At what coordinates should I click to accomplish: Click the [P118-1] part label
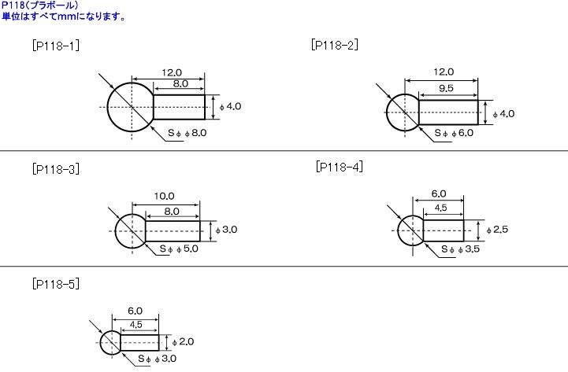tap(56, 46)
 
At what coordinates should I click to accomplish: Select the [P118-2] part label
tap(335, 45)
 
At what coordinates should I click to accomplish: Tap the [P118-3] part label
tap(56, 169)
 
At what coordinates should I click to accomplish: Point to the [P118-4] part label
tap(340, 167)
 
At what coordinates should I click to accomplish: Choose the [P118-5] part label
tap(56, 284)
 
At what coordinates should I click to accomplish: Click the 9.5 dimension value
tap(446, 88)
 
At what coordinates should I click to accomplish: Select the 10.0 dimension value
tap(164, 197)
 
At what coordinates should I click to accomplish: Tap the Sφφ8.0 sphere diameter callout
tap(187, 133)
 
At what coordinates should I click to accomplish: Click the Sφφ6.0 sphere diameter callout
tap(454, 133)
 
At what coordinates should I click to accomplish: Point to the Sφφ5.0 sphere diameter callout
tap(179, 249)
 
